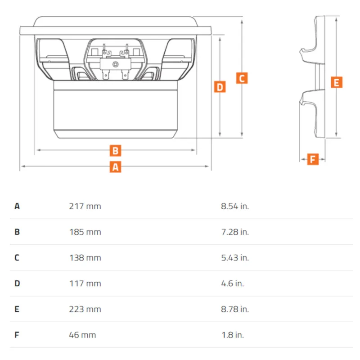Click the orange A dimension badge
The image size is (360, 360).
click(x=115, y=167)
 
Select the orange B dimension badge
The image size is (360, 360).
click(x=115, y=151)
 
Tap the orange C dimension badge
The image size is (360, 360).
click(x=242, y=78)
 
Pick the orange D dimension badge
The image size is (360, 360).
click(x=220, y=87)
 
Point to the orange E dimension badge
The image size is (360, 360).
click(x=337, y=82)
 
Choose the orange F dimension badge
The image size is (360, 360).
click(x=313, y=159)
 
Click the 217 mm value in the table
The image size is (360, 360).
click(x=85, y=206)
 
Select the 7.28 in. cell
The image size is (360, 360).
click(x=235, y=232)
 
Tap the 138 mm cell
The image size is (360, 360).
click(x=85, y=257)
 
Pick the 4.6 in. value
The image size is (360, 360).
click(x=232, y=283)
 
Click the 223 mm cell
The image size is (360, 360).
click(x=85, y=309)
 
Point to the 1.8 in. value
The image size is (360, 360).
click(x=233, y=335)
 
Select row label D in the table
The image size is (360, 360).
click(x=17, y=283)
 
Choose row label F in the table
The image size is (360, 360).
click(x=17, y=335)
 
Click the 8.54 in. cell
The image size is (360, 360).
click(x=235, y=206)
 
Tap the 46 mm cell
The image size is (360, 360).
click(x=82, y=335)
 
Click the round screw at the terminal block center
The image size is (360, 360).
click(x=116, y=64)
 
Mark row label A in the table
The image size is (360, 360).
click(x=17, y=206)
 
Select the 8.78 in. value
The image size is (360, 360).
click(x=235, y=309)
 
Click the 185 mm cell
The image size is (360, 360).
click(x=85, y=232)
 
